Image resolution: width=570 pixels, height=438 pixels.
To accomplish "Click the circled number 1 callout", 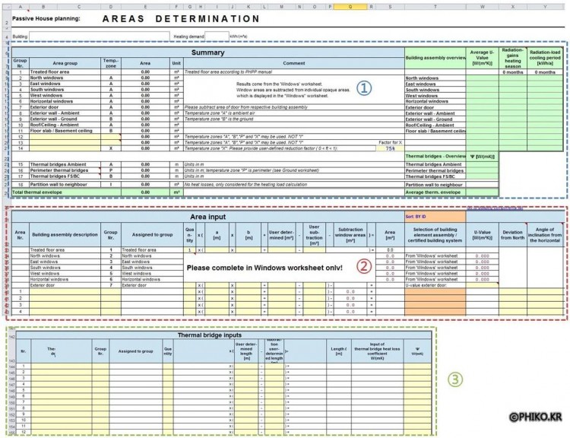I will coord(365,88).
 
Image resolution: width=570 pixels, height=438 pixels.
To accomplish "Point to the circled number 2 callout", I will coord(365,266).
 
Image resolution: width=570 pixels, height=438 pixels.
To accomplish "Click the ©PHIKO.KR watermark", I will coord(537,417).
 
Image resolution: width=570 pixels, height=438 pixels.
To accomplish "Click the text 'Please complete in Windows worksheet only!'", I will coord(263,268).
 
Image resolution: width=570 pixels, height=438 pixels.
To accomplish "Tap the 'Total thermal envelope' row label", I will coord(42,192).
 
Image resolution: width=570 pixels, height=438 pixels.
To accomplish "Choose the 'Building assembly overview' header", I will coord(435,58).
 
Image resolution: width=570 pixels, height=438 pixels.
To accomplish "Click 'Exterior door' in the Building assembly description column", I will coord(46,285).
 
